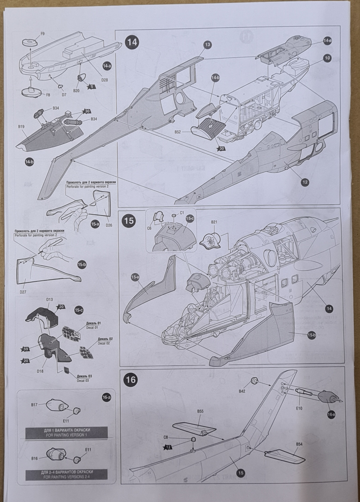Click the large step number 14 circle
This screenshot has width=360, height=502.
coord(133,42)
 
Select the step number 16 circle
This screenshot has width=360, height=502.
coord(131,380)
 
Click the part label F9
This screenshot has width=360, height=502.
coord(42,34)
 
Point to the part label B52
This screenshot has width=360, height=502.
coord(178,132)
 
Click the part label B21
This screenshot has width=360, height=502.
coord(214,222)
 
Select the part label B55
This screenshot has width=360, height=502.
coord(200,411)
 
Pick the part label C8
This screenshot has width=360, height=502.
coord(166,437)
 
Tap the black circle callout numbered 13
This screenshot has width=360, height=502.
coord(208,45)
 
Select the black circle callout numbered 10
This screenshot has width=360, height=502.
coord(327,58)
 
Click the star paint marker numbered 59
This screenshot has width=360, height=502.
coord(25,349)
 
